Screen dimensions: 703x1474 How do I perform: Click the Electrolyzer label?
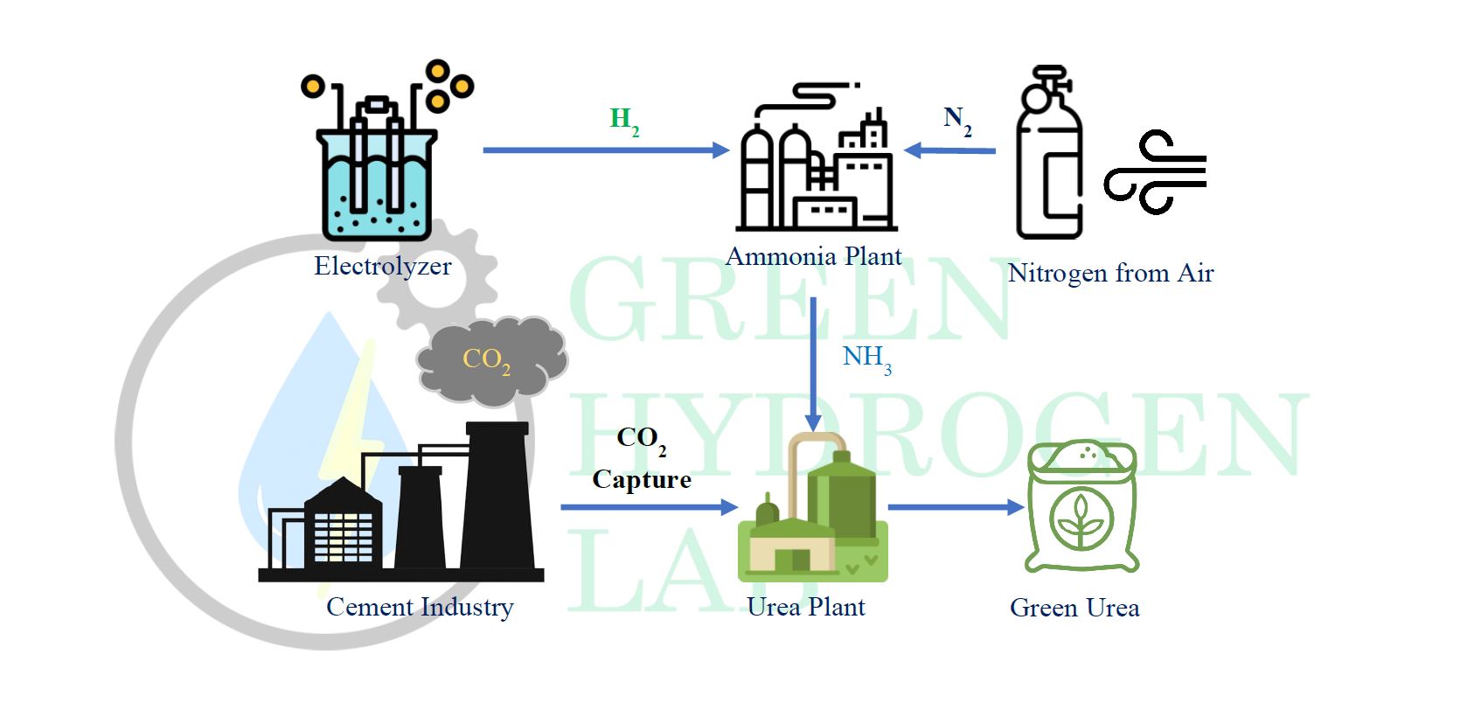point(382,266)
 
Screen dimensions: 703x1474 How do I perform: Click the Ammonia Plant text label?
point(813,256)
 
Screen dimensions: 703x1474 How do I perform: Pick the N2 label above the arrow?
point(956,120)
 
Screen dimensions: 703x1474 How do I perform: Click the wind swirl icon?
point(1154,171)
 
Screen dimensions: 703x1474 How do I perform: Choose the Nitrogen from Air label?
point(1110,273)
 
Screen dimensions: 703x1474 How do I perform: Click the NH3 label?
point(866,358)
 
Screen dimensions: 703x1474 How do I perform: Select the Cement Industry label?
point(420,607)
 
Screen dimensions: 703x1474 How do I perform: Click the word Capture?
point(642,479)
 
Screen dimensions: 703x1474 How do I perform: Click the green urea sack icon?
point(1081,507)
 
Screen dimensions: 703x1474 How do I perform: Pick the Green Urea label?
point(1074,608)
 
